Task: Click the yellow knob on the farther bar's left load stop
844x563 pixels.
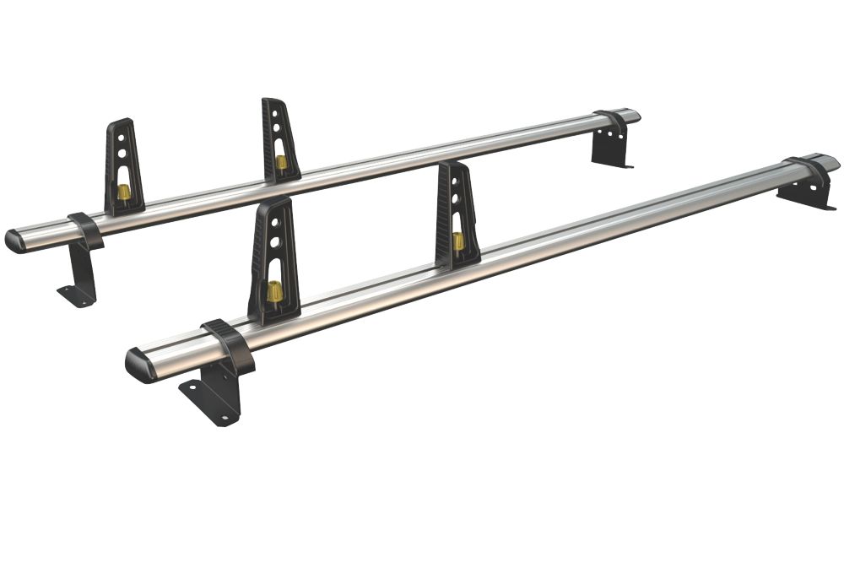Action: pyautogui.click(x=123, y=192)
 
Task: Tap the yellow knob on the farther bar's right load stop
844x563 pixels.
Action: pyautogui.click(x=280, y=161)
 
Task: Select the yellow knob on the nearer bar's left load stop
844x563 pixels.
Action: pyautogui.click(x=274, y=293)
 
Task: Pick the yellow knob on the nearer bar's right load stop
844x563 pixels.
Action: pyautogui.click(x=458, y=241)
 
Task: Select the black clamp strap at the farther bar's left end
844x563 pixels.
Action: pyautogui.click(x=85, y=230)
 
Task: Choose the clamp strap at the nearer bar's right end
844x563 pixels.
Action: pyautogui.click(x=808, y=171)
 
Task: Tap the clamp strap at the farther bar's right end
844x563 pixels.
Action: pyautogui.click(x=612, y=123)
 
